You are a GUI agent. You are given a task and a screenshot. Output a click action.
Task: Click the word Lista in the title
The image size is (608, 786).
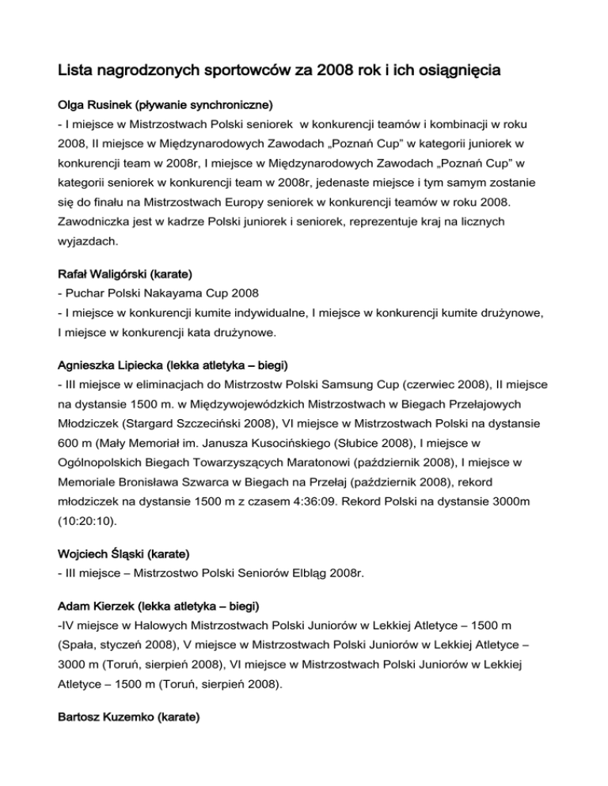(77, 71)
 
